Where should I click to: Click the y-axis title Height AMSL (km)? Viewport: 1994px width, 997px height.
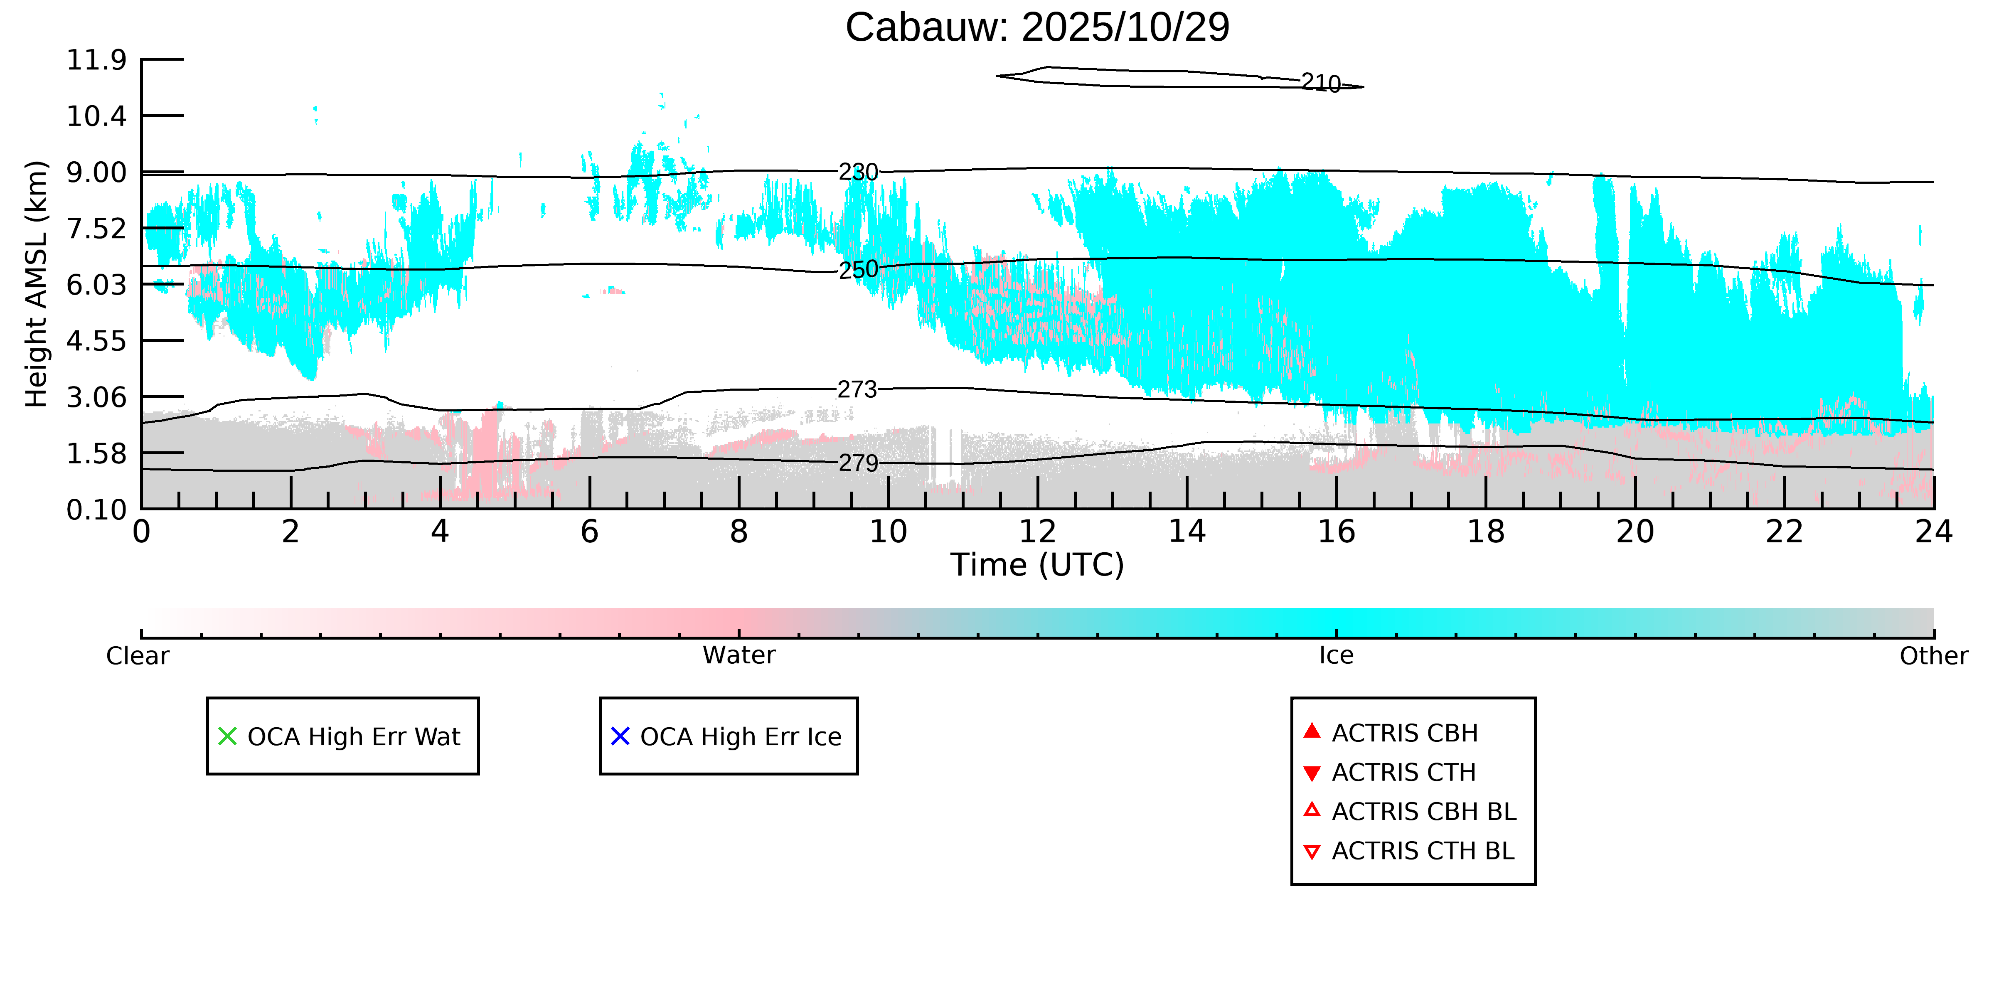37,284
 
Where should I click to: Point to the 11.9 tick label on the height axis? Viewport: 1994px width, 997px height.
96,59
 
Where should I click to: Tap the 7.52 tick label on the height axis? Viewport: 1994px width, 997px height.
96,228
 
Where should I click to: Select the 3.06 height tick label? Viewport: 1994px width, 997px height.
96,397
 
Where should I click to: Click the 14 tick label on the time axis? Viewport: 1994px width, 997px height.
1187,532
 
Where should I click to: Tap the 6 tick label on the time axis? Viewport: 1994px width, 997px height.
589,532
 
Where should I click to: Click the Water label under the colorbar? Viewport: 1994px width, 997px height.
739,656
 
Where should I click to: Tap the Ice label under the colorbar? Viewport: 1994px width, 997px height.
1336,656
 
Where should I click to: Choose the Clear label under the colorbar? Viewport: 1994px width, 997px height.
138,656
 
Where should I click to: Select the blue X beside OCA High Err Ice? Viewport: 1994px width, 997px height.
620,736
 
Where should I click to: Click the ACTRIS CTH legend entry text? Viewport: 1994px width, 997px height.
1403,773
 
